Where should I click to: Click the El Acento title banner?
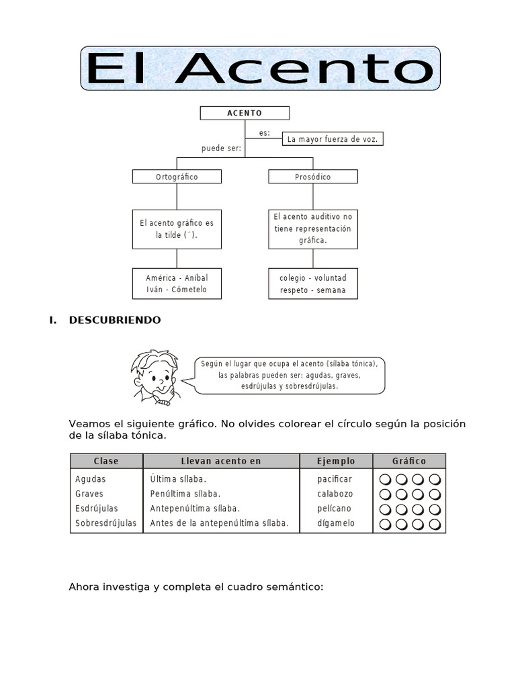click(261, 69)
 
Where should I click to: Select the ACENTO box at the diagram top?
click(245, 113)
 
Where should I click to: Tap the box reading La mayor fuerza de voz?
click(333, 139)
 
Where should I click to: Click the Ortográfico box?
click(177, 177)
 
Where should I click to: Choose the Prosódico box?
click(312, 177)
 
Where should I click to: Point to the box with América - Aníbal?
click(177, 283)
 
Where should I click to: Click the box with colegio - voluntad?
click(312, 284)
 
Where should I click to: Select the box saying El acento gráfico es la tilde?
click(177, 229)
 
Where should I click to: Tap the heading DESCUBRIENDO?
click(115, 320)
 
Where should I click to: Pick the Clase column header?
click(106, 461)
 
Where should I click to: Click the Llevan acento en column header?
click(221, 461)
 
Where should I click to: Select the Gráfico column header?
click(408, 461)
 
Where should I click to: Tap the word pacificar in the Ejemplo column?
click(335, 479)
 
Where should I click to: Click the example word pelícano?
click(334, 509)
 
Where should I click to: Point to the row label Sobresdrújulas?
click(105, 523)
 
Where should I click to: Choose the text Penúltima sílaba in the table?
click(185, 494)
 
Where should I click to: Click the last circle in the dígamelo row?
click(434, 524)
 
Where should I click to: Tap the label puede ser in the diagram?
click(221, 148)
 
